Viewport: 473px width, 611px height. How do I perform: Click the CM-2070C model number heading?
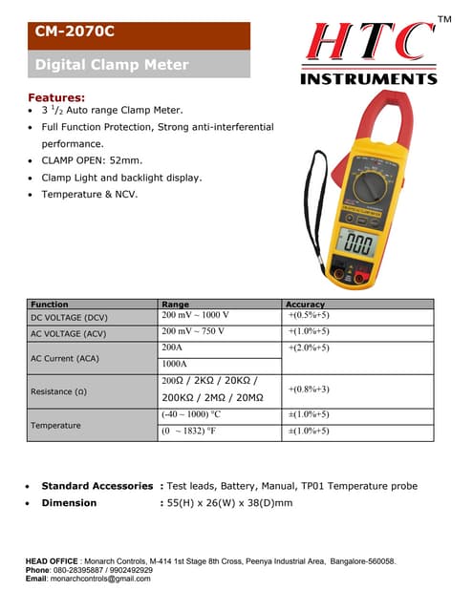pyautogui.click(x=75, y=32)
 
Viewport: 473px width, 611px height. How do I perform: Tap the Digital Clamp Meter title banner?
pyautogui.click(x=112, y=65)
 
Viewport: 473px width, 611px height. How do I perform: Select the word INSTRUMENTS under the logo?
pyautogui.click(x=369, y=79)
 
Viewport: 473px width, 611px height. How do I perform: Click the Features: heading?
pyautogui.click(x=56, y=97)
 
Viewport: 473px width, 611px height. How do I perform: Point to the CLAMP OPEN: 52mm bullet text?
pyautogui.click(x=92, y=160)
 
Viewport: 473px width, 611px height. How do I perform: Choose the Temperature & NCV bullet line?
pyautogui.click(x=90, y=195)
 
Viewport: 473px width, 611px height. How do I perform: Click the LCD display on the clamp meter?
pyautogui.click(x=360, y=244)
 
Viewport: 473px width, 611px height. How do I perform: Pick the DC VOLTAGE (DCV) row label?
pyautogui.click(x=70, y=317)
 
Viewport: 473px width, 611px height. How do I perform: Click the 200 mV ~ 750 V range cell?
pyautogui.click(x=193, y=331)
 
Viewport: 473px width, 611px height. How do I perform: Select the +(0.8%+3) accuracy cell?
pyautogui.click(x=309, y=390)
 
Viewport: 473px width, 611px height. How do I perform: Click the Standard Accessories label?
pyautogui.click(x=97, y=486)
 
